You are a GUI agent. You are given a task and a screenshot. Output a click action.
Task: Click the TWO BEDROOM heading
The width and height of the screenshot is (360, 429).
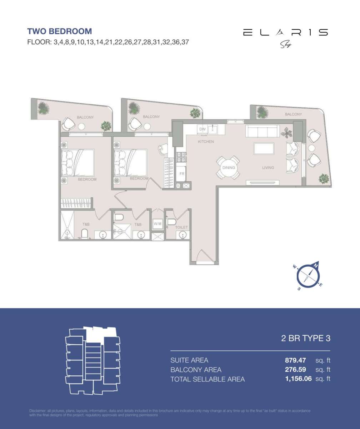point(60,31)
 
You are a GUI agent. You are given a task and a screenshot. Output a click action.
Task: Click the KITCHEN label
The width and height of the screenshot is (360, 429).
point(206,142)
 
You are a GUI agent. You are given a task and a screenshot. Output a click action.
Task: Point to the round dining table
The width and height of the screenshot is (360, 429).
point(228,168)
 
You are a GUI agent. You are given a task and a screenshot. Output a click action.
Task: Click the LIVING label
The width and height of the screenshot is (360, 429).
point(268,167)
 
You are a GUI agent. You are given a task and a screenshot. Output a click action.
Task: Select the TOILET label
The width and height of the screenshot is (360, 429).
point(181,227)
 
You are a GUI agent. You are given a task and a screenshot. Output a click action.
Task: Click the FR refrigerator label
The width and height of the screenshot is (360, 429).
point(181,174)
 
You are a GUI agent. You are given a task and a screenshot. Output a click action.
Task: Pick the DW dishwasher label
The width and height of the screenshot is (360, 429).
point(202,129)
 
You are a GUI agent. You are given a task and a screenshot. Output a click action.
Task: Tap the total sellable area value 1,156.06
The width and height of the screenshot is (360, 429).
point(298,379)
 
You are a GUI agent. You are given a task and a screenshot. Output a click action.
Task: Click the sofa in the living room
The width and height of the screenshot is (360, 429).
point(262,131)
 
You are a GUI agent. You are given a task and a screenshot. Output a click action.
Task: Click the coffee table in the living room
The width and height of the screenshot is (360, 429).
point(264,148)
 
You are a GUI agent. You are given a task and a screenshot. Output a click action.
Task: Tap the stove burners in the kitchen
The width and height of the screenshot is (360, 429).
point(181,156)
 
